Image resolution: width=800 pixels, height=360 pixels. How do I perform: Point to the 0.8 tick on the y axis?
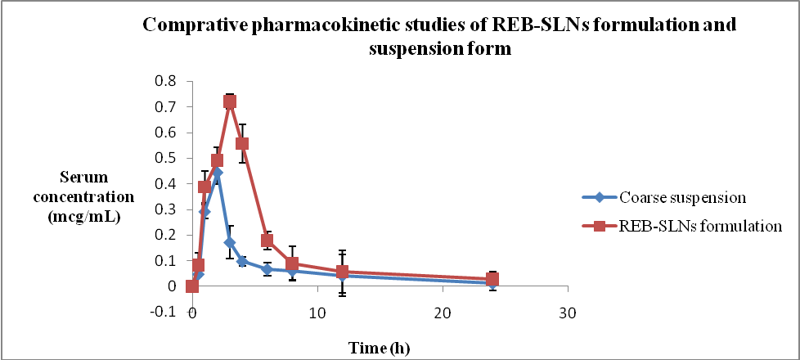point(169,81)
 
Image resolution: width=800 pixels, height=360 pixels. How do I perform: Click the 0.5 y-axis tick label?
point(169,158)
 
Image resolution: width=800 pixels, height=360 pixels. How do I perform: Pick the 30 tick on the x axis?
point(568,313)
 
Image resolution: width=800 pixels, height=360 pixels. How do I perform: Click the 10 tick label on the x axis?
point(317,313)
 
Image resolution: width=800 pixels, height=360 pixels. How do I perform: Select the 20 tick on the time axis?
point(443,313)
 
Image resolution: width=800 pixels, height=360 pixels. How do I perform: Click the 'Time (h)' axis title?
point(380,347)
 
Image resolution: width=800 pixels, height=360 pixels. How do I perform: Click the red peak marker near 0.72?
point(230,102)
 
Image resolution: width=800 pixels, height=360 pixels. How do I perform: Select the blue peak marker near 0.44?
point(217,173)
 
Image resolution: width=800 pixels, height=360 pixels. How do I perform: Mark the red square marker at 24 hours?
point(492,279)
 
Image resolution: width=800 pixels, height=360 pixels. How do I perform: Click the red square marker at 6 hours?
point(267,240)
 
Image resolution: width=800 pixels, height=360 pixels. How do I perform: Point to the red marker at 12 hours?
point(342,272)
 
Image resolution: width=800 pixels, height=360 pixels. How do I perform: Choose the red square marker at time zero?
point(192,286)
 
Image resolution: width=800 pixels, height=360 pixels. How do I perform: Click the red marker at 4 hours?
point(242,143)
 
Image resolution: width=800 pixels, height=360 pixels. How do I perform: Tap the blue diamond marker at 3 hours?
point(230,242)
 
